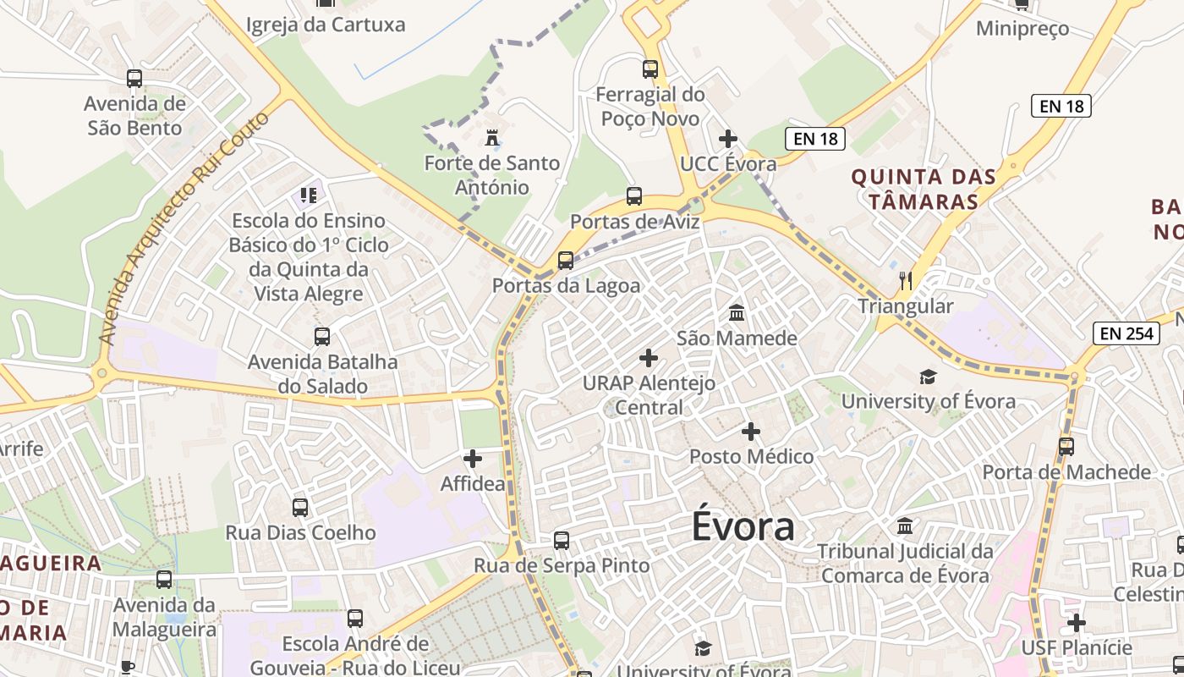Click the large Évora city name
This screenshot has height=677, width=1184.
(x=743, y=526)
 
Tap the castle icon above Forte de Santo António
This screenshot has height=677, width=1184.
(x=491, y=137)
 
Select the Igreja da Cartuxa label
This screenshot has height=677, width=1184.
(x=326, y=25)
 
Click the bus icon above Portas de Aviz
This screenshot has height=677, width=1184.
(x=634, y=196)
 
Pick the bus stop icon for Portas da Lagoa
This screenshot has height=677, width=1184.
(x=566, y=260)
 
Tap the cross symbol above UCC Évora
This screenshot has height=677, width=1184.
(x=727, y=139)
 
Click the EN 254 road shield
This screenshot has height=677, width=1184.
(x=1127, y=333)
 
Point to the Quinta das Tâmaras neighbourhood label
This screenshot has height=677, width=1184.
(x=924, y=189)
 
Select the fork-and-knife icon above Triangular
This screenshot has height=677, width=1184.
(x=906, y=280)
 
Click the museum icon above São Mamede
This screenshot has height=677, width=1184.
(x=737, y=313)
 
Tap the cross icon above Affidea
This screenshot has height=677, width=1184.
(x=473, y=459)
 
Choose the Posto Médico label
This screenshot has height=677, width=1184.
(x=751, y=457)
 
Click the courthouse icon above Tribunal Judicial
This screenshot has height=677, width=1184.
(x=905, y=526)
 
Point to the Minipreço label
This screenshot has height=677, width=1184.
(x=1022, y=29)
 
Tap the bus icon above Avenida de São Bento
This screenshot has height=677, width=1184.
(x=134, y=79)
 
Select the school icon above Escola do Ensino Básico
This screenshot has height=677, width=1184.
(x=309, y=195)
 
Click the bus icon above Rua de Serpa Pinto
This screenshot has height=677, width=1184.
(x=562, y=540)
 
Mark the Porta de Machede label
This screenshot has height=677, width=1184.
(x=1066, y=472)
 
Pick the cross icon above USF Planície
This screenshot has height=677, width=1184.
(x=1076, y=624)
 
